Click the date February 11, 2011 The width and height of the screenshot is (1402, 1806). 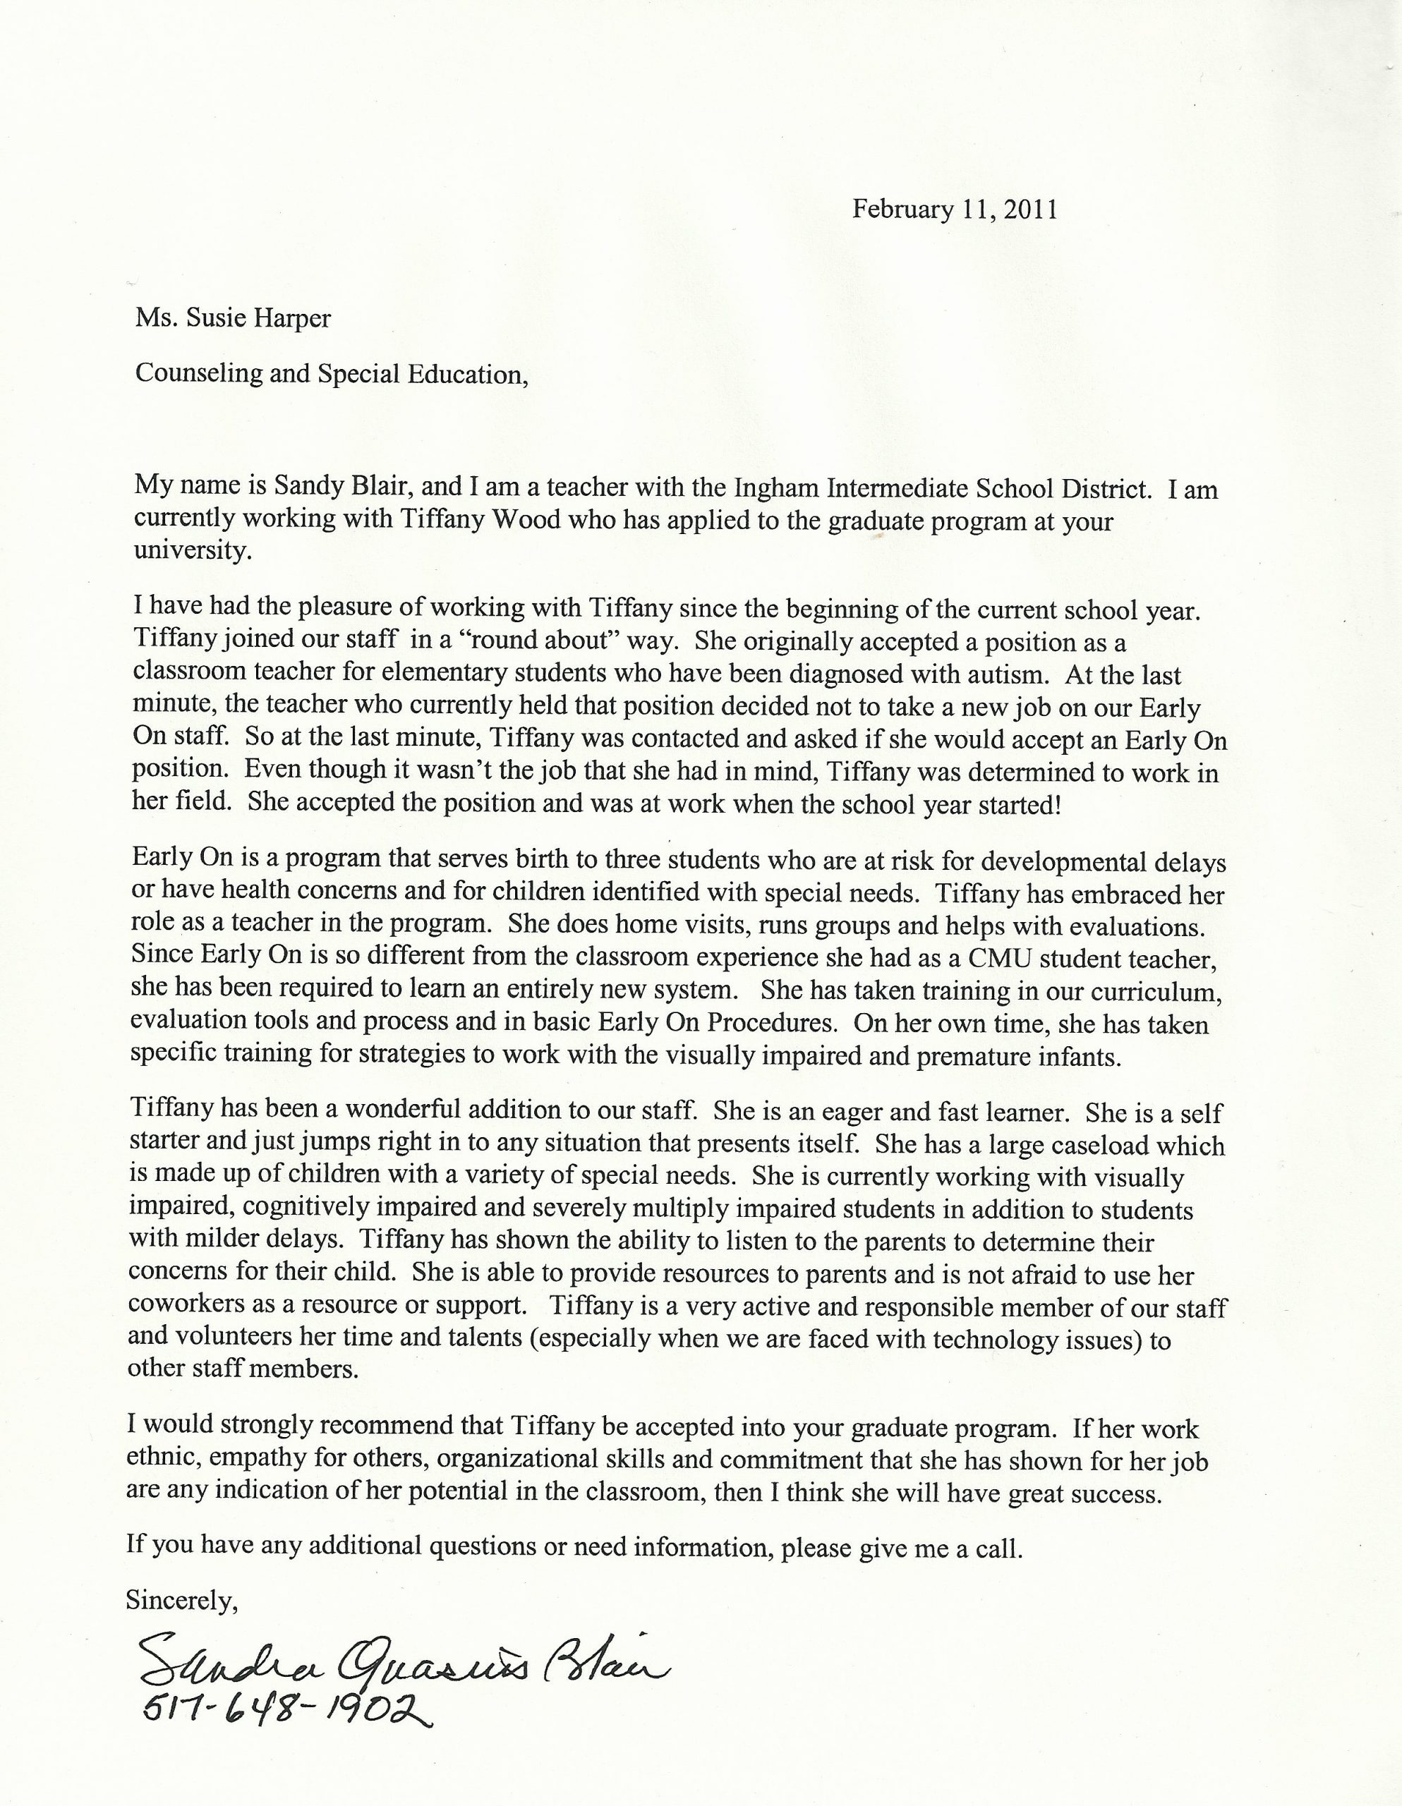click(955, 210)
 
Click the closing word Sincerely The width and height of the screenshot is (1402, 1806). click(181, 1600)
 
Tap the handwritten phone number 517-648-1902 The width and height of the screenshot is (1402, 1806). click(285, 1704)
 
